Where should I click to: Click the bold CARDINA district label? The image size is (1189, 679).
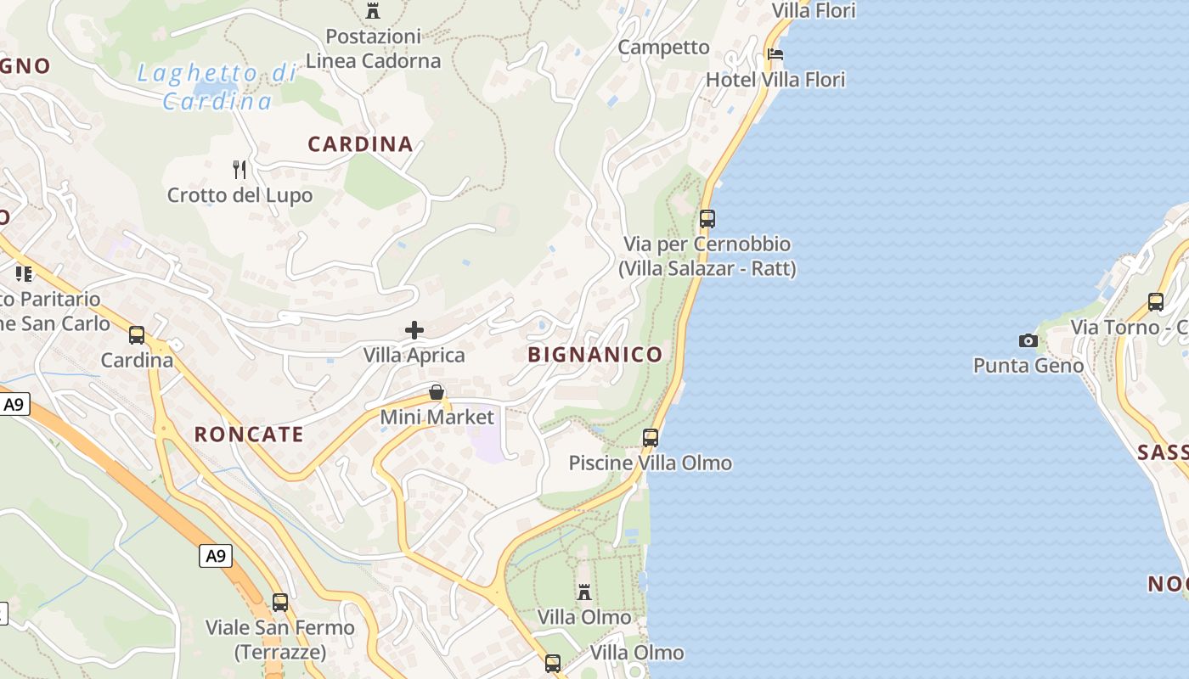click(x=360, y=144)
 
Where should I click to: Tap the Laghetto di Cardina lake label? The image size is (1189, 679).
click(x=217, y=87)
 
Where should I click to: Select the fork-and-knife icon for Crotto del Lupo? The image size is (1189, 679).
click(x=239, y=170)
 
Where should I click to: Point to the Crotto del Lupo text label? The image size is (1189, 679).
click(x=239, y=195)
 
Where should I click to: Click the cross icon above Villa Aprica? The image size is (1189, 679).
click(x=414, y=329)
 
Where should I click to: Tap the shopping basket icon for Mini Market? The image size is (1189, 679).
click(x=437, y=392)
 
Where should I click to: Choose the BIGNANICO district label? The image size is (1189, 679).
click(x=594, y=355)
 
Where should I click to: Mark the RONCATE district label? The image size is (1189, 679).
click(x=249, y=435)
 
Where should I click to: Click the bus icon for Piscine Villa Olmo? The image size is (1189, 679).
click(x=651, y=438)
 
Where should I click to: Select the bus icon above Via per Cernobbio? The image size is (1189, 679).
click(x=707, y=219)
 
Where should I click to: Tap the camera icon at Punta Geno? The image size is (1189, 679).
click(x=1028, y=340)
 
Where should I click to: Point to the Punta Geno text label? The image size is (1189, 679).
click(x=1028, y=366)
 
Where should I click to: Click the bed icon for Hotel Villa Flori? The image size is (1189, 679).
click(x=775, y=54)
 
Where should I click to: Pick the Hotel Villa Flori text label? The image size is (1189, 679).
click(x=775, y=80)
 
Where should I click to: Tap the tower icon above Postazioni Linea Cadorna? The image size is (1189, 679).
click(x=373, y=11)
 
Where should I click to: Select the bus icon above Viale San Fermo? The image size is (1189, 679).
click(x=280, y=603)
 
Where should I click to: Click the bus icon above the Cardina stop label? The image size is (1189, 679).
click(x=137, y=335)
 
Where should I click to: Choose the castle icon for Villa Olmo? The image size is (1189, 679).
click(x=584, y=592)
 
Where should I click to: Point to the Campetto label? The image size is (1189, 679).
click(x=663, y=48)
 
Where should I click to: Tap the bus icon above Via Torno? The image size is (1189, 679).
click(x=1156, y=301)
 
